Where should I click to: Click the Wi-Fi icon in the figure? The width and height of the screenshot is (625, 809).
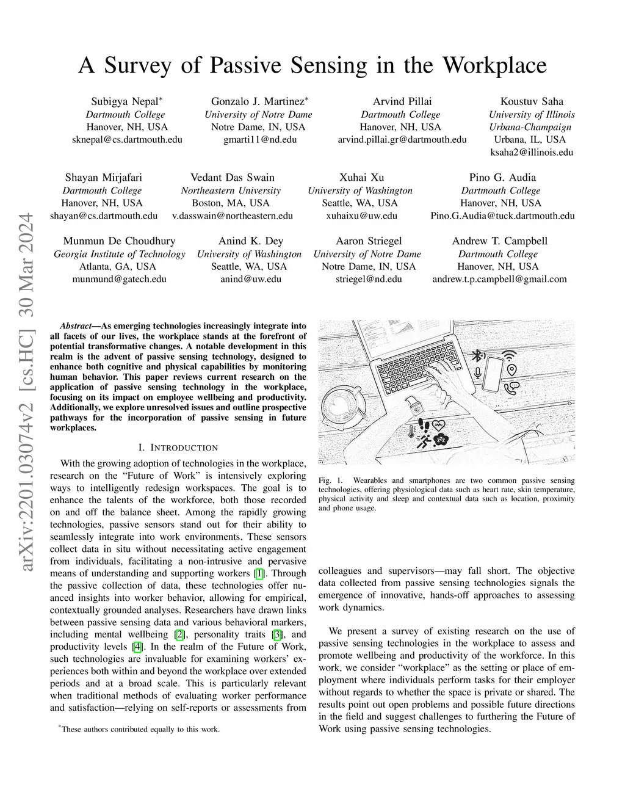[508, 356]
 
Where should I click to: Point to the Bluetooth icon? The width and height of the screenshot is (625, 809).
[480, 355]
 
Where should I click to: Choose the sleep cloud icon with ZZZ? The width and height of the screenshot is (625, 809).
[440, 439]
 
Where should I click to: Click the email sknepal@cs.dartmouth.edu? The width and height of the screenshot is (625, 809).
[127, 139]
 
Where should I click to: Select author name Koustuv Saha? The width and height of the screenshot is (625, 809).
[532, 101]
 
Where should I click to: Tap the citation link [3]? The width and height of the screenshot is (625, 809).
[278, 634]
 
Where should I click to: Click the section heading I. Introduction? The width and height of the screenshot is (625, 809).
[178, 448]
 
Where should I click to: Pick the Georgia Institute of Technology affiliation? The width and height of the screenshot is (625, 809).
[119, 254]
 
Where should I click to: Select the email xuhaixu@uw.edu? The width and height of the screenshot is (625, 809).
[361, 216]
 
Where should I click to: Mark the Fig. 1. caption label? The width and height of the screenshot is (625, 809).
[328, 481]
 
